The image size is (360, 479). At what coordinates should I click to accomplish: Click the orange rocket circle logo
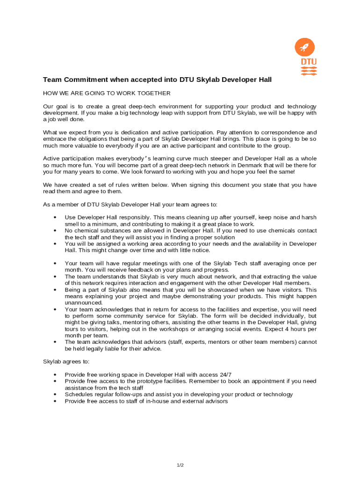tap(305, 48)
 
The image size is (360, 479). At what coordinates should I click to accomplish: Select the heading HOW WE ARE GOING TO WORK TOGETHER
tap(107, 94)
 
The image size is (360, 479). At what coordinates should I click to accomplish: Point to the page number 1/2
tap(180, 465)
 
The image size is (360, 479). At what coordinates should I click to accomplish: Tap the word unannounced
tap(83, 303)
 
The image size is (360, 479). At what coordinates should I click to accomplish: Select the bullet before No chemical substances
tap(56, 231)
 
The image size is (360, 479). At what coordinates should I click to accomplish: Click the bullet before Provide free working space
tap(56, 375)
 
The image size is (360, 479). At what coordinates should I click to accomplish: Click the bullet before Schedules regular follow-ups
tap(56, 394)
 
